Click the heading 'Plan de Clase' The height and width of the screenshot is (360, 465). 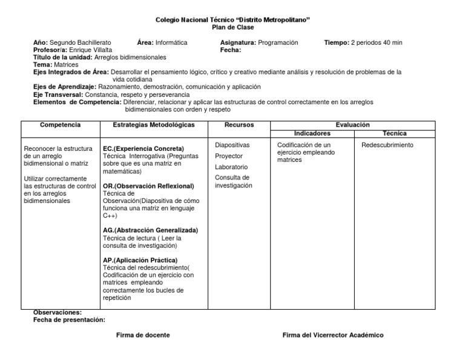click(x=233, y=28)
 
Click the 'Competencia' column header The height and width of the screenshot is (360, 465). click(x=60, y=125)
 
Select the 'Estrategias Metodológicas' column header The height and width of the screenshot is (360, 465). click(x=154, y=125)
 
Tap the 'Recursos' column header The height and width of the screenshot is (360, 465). click(x=239, y=125)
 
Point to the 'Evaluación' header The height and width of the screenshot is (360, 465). click(x=352, y=124)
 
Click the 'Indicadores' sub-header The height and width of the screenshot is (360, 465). click(x=312, y=133)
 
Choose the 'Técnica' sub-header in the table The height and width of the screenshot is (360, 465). click(x=395, y=133)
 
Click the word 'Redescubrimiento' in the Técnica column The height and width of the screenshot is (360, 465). click(x=387, y=145)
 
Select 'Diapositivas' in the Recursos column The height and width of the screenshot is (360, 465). click(x=232, y=145)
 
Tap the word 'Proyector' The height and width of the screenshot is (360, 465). click(x=229, y=156)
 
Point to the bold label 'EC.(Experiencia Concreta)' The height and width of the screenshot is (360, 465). click(x=143, y=148)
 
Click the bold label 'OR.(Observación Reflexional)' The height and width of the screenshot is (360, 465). click(x=149, y=186)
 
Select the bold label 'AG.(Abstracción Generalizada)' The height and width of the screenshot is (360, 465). click(x=151, y=230)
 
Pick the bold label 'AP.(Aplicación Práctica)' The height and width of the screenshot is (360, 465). click(x=140, y=260)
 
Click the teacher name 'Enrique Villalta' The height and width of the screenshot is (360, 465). click(x=91, y=50)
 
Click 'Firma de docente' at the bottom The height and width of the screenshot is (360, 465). click(x=143, y=335)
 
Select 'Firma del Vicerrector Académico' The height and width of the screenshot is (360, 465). click(x=333, y=335)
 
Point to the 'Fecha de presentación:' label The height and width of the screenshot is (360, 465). click(x=69, y=319)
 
